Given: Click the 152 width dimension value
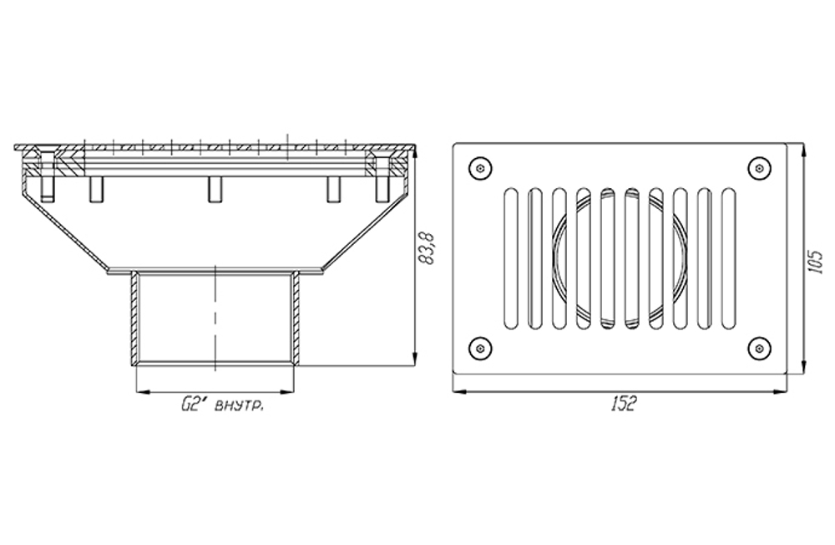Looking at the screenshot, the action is (x=623, y=405).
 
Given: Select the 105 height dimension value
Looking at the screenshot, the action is (x=815, y=262).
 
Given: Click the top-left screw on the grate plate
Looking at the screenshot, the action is (x=480, y=169).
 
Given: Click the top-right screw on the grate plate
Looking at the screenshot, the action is (x=759, y=169).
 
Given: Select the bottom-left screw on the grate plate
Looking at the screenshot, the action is (x=480, y=349).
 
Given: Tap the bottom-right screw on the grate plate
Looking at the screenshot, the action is (x=759, y=349).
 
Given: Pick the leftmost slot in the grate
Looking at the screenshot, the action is (x=510, y=258).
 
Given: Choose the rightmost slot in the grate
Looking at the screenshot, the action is (x=728, y=258).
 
